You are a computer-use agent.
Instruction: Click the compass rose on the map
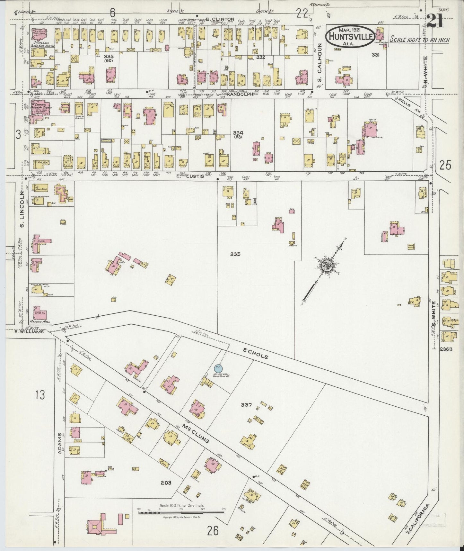328,266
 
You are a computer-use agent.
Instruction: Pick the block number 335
235,254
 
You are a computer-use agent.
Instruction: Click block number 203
166,483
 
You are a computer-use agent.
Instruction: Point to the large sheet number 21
435,22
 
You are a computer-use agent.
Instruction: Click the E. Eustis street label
195,176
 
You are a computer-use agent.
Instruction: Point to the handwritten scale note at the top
419,40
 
